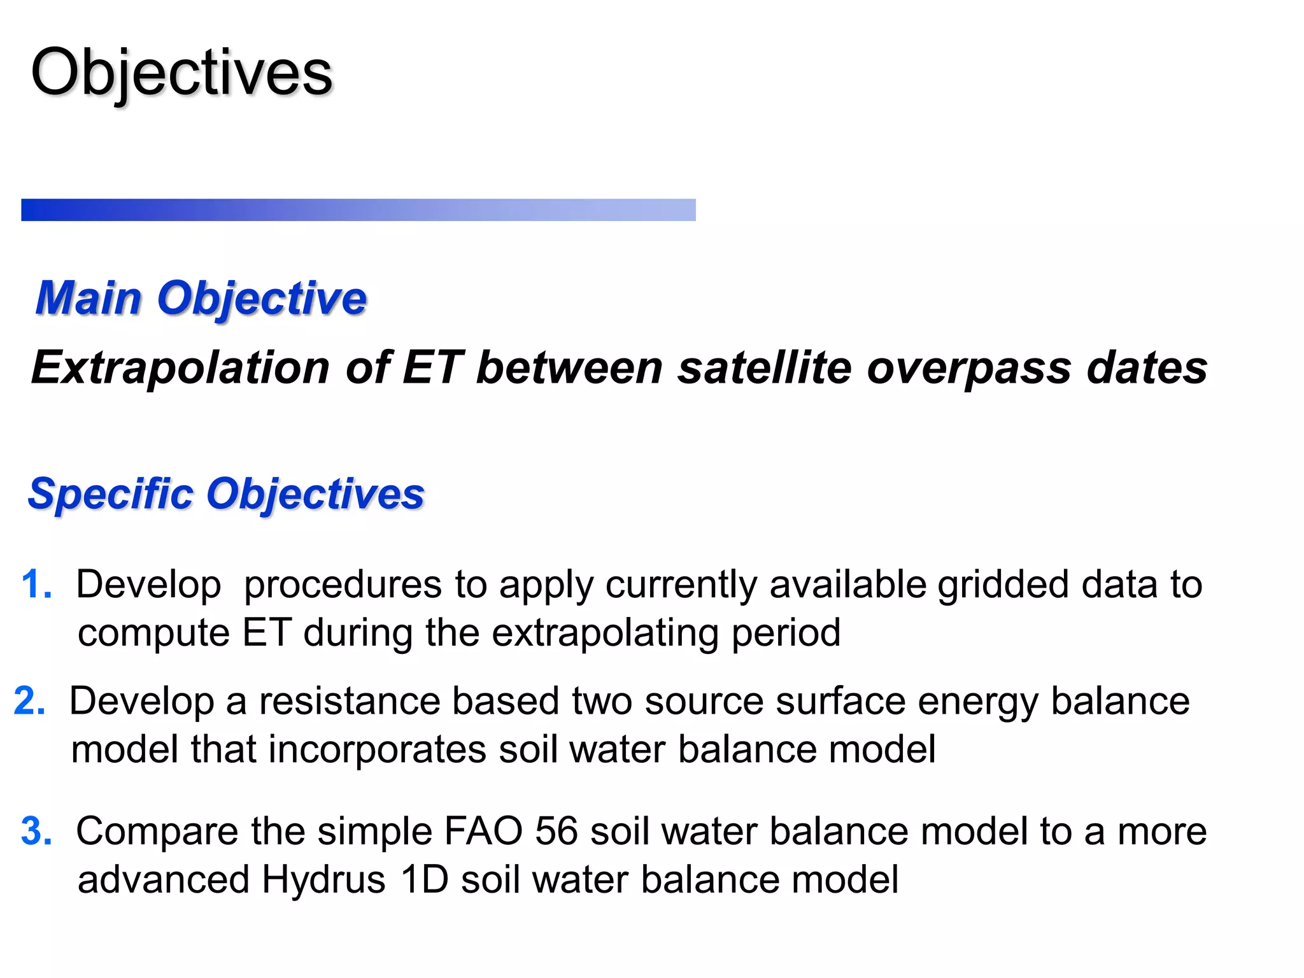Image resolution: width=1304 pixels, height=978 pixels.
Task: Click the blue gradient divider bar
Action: tap(358, 209)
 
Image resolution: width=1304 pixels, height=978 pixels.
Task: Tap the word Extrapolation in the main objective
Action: tap(180, 368)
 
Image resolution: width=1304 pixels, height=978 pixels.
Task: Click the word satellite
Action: tap(764, 368)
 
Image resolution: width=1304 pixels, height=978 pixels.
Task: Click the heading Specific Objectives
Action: tap(226, 494)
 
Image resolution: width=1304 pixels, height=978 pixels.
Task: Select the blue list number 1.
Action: tap(36, 585)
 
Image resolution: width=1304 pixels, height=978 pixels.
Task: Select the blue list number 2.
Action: tap(29, 701)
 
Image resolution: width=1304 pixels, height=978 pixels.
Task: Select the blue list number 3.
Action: tap(36, 831)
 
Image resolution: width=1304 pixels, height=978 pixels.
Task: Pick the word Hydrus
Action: tap(323, 880)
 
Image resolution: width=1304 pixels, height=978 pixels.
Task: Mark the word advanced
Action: tap(163, 880)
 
